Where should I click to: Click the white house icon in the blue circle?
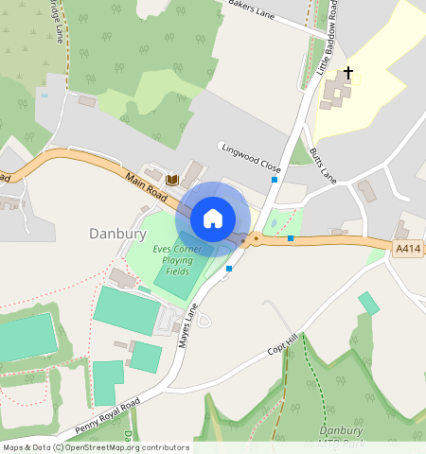click(213, 218)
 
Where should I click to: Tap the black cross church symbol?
click(347, 73)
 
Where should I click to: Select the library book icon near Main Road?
click(172, 180)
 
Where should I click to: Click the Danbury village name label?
click(116, 233)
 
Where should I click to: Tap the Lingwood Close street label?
click(251, 156)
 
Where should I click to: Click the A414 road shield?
click(406, 248)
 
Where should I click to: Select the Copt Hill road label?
click(282, 343)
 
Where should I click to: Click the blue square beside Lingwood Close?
click(275, 179)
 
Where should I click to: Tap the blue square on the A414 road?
click(290, 238)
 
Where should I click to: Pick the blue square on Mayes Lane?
click(229, 268)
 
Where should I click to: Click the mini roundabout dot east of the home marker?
click(256, 239)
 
